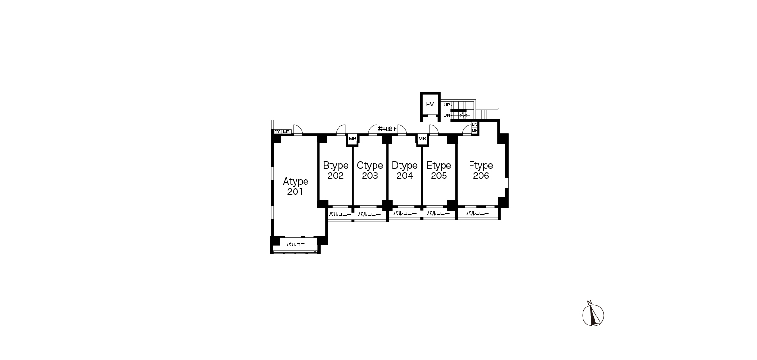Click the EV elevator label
430,105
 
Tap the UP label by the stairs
447,105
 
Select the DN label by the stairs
447,115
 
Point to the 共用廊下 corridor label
387,129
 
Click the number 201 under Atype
295,192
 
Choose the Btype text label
336,166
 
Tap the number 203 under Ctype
370,176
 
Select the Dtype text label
405,166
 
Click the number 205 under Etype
439,176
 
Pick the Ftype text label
481,166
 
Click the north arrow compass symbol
593,315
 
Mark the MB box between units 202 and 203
352,139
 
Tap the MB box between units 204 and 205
422,139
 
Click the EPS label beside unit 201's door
278,132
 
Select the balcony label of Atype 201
298,245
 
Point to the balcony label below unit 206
478,213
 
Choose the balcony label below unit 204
405,213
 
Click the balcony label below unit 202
340,214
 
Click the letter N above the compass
589,302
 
